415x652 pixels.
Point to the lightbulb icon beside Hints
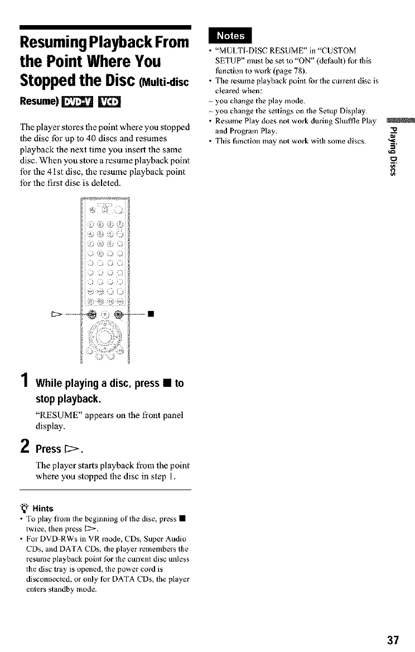tap(23, 507)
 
